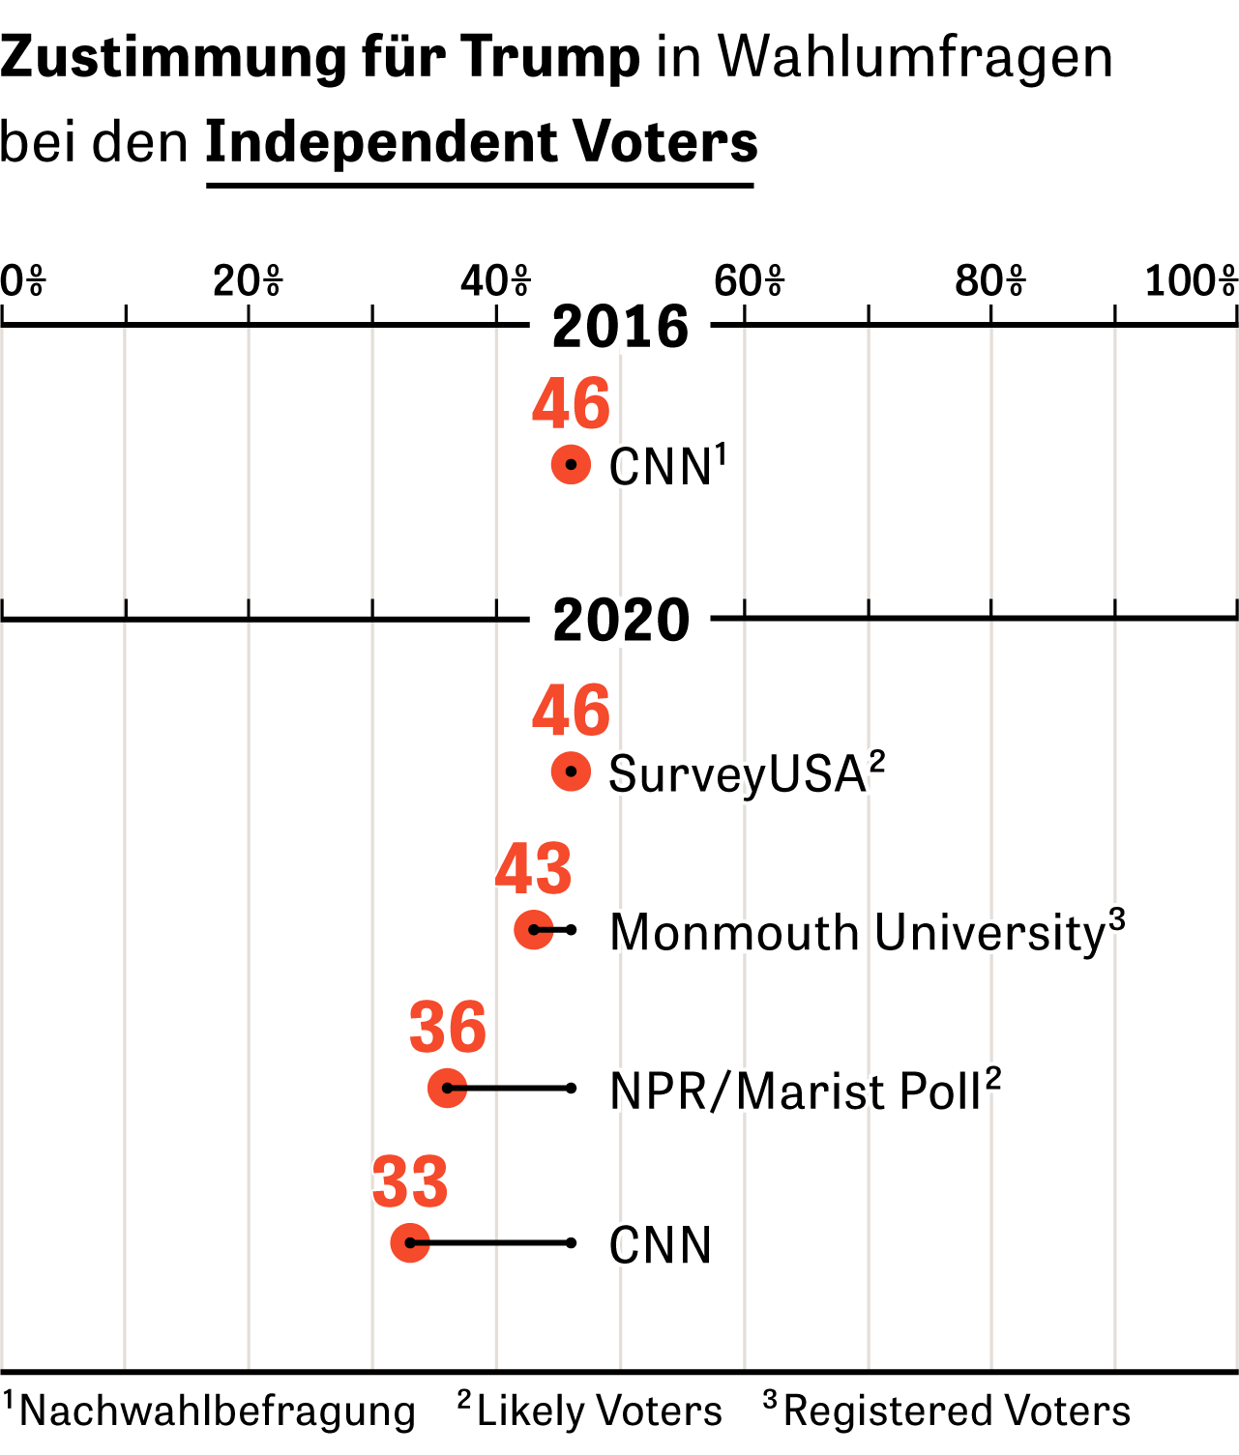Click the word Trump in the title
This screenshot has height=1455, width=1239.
click(x=551, y=58)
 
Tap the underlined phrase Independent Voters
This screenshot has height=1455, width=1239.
click(x=482, y=142)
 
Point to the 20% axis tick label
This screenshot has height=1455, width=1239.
click(x=248, y=281)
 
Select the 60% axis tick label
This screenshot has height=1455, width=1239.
click(x=749, y=281)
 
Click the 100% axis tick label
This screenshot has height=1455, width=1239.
click(x=1191, y=281)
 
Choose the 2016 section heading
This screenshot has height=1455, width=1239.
click(x=620, y=327)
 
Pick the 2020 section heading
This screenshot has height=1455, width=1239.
click(x=621, y=620)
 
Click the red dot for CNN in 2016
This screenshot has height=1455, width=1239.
click(x=571, y=465)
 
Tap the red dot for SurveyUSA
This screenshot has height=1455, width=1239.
click(x=571, y=771)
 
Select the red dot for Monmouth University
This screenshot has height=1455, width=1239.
click(x=533, y=930)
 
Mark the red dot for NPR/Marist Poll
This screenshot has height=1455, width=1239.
click(x=447, y=1088)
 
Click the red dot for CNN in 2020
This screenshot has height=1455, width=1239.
click(x=410, y=1243)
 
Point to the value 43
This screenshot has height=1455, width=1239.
click(x=533, y=869)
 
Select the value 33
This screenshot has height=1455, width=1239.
click(x=410, y=1182)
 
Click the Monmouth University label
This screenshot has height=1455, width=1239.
click(x=867, y=933)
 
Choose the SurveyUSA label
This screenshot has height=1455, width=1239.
click(x=747, y=774)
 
